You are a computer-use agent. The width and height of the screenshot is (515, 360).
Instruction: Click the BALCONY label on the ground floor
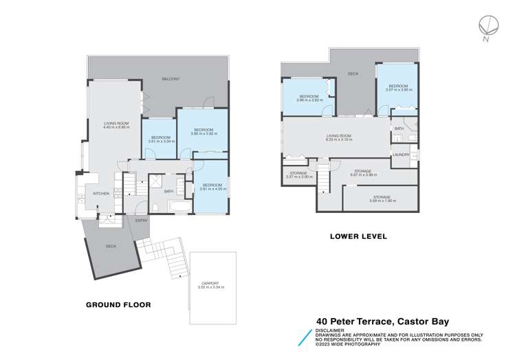171,79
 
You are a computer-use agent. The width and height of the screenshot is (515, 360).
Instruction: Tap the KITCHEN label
101,194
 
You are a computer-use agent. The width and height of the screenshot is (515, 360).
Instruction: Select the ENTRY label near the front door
141,221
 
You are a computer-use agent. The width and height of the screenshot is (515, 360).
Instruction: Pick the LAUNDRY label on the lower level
401,155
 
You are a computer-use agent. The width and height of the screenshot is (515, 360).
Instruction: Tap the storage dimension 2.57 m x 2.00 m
299,177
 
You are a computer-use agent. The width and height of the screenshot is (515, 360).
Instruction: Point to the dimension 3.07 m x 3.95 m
398,90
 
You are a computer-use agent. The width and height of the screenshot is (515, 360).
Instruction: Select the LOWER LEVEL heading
358,236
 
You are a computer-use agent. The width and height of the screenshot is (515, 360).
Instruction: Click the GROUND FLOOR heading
118,304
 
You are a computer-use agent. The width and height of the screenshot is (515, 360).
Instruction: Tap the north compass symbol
487,25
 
